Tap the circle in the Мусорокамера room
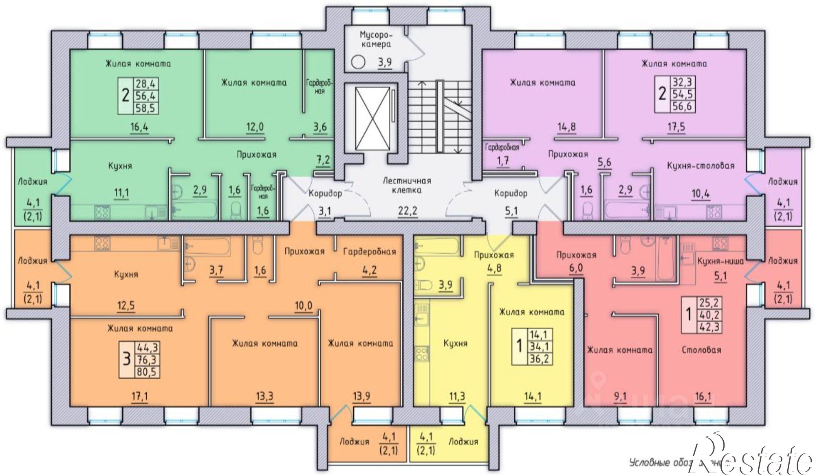click(x=358, y=62)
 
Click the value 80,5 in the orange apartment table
click(x=148, y=372)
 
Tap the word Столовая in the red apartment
click(x=701, y=350)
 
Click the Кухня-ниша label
click(x=720, y=261)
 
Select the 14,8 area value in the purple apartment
click(x=566, y=126)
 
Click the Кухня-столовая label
click(x=700, y=166)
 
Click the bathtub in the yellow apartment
click(x=436, y=246)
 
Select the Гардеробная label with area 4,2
click(x=369, y=252)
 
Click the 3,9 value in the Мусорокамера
click(x=385, y=62)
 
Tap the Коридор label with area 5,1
click(x=511, y=193)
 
